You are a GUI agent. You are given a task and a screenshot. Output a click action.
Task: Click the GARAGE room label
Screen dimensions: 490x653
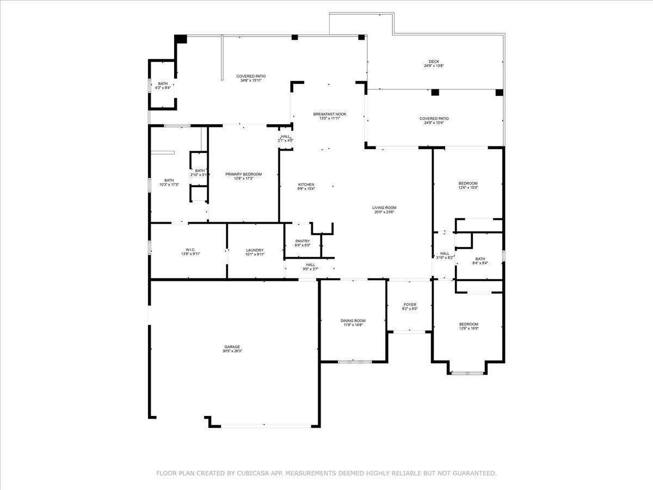click(232, 347)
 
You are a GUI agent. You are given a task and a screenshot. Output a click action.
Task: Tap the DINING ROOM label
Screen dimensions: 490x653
click(353, 321)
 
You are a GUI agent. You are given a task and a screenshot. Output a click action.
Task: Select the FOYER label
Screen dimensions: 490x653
click(410, 304)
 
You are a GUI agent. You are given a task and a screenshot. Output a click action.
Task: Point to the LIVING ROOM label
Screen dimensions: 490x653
click(384, 207)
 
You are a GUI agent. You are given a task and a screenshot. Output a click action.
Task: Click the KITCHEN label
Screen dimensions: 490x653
click(306, 185)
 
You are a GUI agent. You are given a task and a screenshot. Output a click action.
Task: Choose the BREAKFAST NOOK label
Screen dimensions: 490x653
click(329, 114)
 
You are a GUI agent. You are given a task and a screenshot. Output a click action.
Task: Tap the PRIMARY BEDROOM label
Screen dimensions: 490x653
click(243, 174)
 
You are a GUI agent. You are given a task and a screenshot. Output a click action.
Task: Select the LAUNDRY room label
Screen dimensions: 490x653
click(255, 250)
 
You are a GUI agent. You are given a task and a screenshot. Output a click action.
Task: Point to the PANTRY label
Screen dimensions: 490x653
click(303, 241)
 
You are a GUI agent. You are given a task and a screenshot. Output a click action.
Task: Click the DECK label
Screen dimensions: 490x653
click(434, 62)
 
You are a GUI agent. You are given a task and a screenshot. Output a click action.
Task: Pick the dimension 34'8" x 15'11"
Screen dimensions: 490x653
click(251, 81)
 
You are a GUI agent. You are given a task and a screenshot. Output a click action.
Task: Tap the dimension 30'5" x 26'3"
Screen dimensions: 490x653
click(232, 352)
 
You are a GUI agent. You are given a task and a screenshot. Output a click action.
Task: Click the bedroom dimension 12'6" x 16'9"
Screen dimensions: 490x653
click(469, 328)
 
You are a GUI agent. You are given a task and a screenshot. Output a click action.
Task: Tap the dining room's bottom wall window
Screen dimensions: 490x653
click(354, 361)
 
